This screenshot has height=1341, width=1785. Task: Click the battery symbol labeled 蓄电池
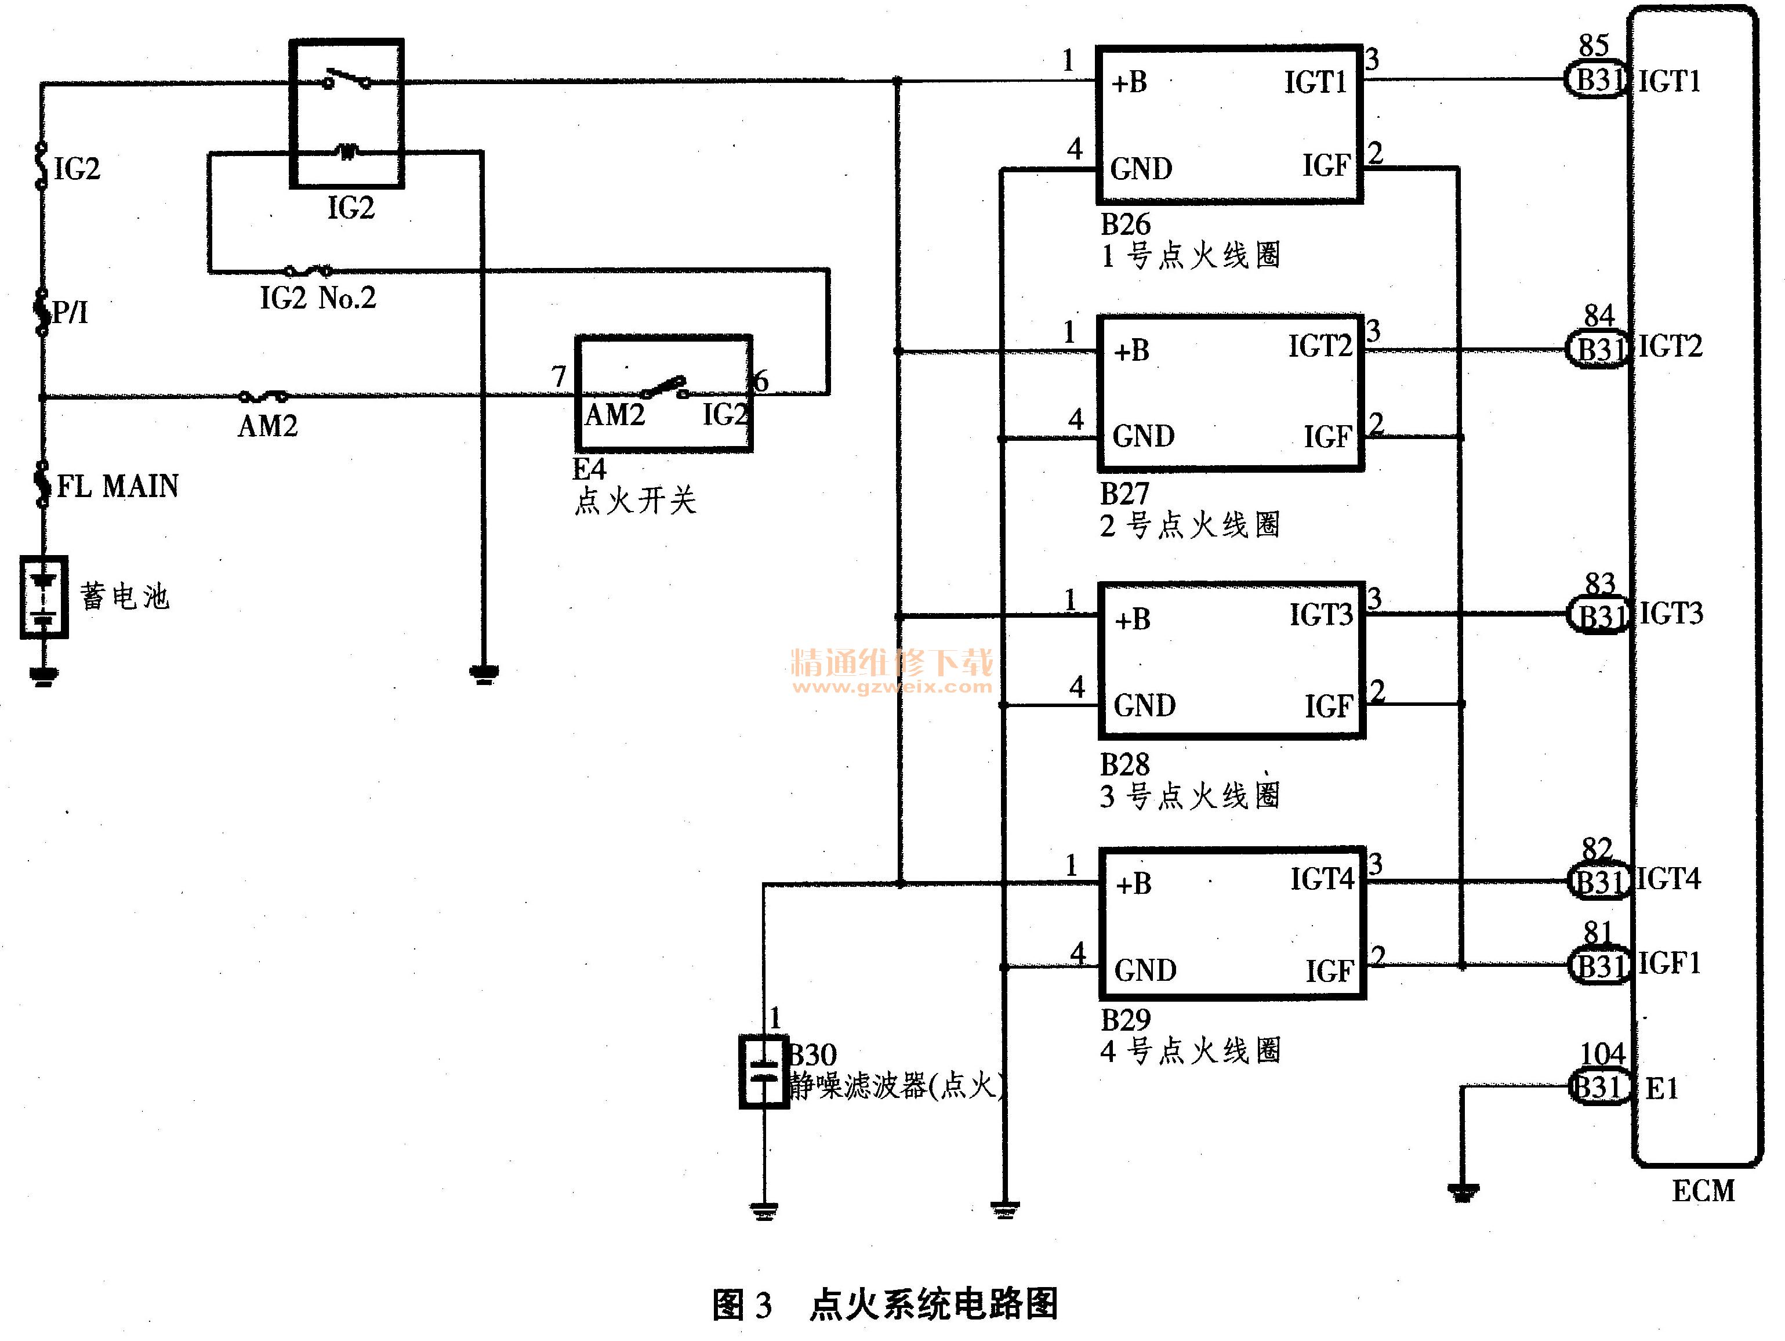(x=43, y=597)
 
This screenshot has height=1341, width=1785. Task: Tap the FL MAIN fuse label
(x=118, y=485)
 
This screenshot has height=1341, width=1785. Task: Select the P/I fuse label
(x=71, y=311)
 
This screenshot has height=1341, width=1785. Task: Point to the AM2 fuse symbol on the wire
(x=264, y=396)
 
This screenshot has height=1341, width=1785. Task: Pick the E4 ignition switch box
(x=663, y=393)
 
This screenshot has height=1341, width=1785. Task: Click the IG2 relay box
(x=347, y=114)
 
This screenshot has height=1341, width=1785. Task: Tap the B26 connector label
(x=1126, y=223)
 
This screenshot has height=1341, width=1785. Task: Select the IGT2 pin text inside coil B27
(x=1319, y=346)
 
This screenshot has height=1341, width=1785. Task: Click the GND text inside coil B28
(x=1144, y=705)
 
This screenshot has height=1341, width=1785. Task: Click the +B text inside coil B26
(x=1129, y=82)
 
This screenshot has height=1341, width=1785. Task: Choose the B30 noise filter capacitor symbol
(x=763, y=1071)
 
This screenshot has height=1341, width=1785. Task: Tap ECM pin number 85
(x=1594, y=45)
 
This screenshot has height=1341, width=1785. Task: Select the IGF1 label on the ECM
(x=1669, y=963)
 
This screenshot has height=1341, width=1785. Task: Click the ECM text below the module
(x=1703, y=1191)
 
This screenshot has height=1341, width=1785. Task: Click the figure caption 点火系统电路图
(x=934, y=1304)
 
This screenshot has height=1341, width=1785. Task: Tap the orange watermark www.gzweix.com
(x=892, y=687)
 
